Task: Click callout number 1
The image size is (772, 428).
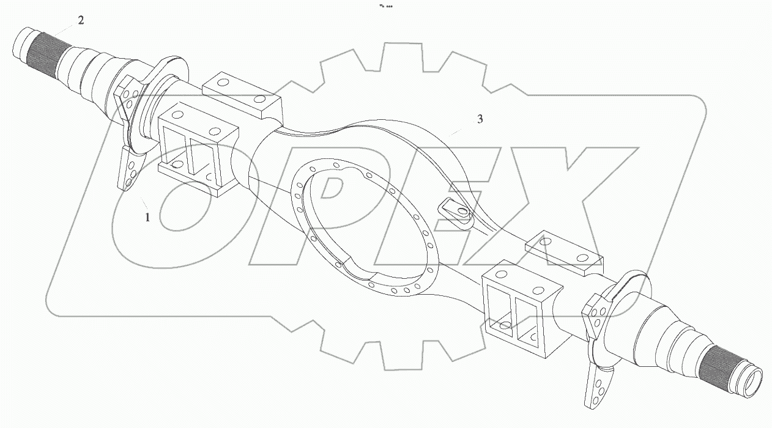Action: click(147, 216)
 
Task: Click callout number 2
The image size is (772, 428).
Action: click(81, 20)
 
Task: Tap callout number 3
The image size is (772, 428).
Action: click(480, 119)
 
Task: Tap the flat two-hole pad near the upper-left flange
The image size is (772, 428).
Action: click(242, 95)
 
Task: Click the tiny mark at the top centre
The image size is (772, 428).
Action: click(386, 6)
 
